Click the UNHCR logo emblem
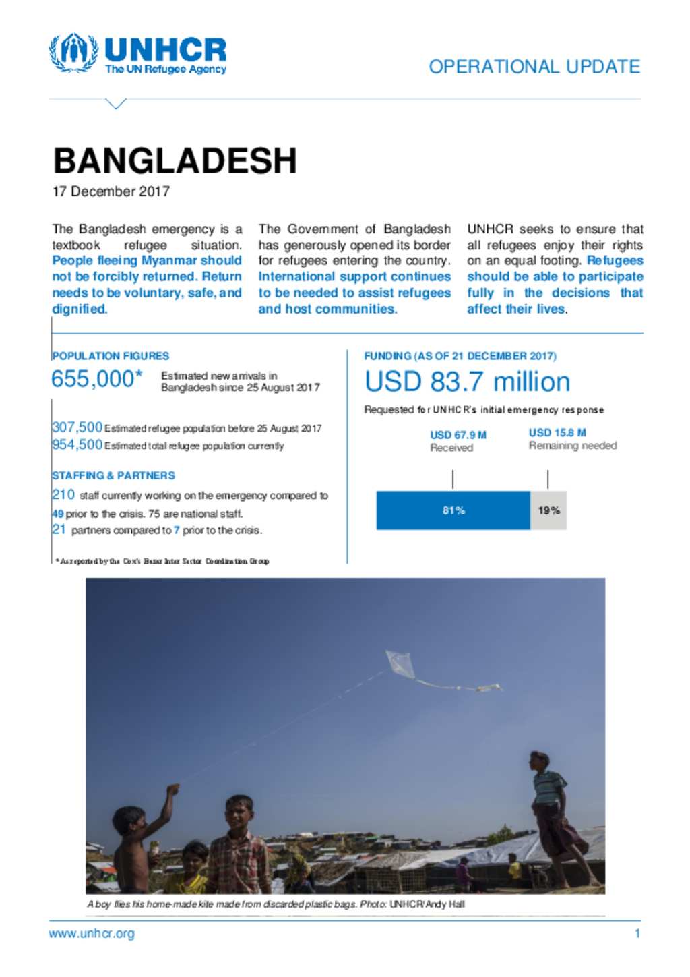coord(73,53)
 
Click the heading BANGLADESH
coord(175,160)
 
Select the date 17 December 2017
coord(111,191)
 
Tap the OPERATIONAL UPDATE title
coord(534,67)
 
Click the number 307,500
coord(77,427)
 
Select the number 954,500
coord(77,444)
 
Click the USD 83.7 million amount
coord(467,382)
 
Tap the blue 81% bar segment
coord(453,510)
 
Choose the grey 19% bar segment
coord(548,510)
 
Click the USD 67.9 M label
coord(458,435)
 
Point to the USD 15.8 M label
coord(557,432)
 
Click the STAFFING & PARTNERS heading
coord(113,475)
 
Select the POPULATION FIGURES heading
coord(111,356)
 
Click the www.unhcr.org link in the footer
coord(92,934)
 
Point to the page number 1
coord(637,934)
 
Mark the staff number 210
coord(63,495)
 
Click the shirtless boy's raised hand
coord(173,788)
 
